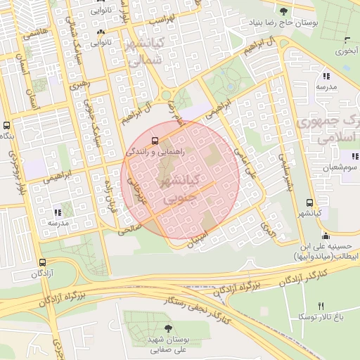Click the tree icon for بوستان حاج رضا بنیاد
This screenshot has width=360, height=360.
[283, 11]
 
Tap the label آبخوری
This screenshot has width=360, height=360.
[345, 51]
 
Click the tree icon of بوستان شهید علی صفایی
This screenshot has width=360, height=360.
[167, 328]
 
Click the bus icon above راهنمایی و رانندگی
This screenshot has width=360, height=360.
[155, 139]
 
